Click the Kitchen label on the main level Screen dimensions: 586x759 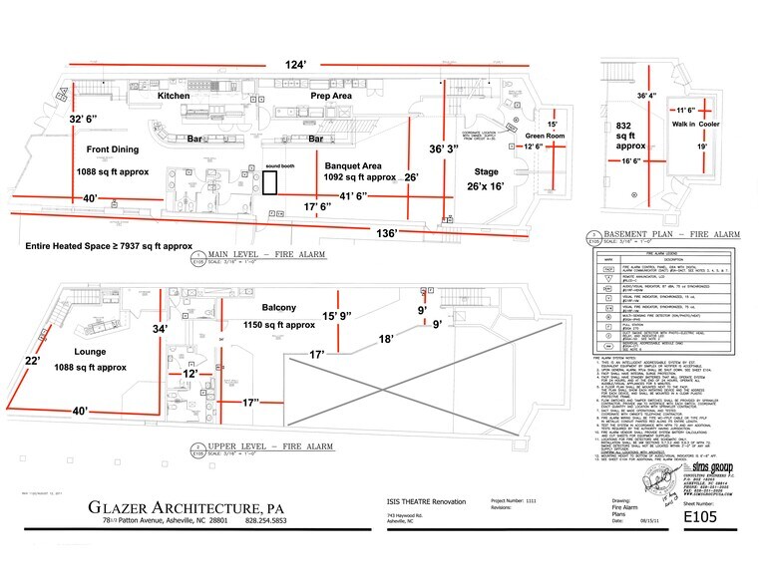[x=181, y=95]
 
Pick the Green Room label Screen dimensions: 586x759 [x=548, y=137]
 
